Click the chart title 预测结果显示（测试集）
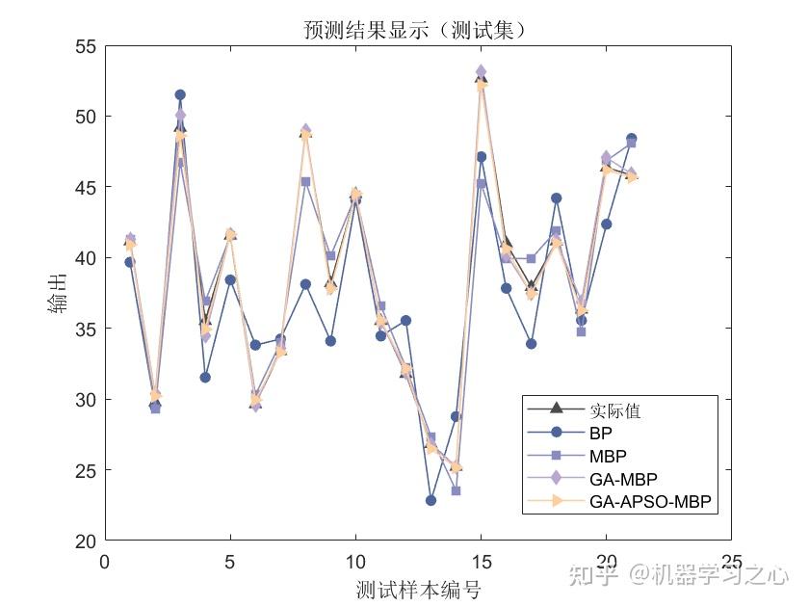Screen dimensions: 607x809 coord(416,32)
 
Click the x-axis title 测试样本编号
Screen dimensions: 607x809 coord(417,588)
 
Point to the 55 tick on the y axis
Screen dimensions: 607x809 coord(87,45)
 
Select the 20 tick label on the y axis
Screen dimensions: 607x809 coord(87,541)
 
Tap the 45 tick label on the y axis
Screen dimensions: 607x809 coord(87,187)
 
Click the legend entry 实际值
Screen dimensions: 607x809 coord(615,411)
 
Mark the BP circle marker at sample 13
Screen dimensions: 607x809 coord(431,500)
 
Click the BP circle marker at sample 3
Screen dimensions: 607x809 coord(180,94)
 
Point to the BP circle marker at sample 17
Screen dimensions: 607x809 coord(531,344)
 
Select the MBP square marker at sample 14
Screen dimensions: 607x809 coord(456,490)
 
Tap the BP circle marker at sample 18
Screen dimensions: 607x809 coord(556,198)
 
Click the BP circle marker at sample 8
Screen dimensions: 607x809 coord(305,284)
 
